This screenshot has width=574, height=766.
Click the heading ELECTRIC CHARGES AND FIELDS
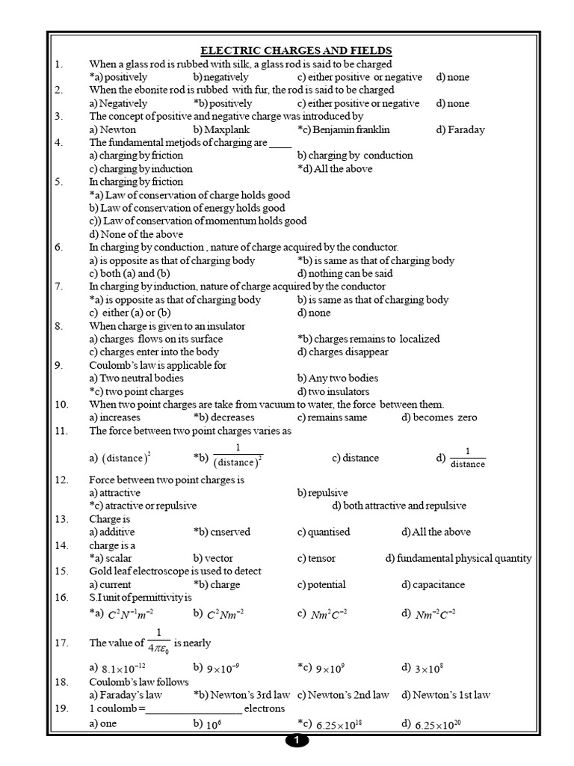[x=296, y=50]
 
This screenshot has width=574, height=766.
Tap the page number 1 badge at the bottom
[x=297, y=741]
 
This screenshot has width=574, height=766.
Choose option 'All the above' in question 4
[x=335, y=168]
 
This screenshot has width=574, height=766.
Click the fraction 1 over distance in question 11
[x=468, y=457]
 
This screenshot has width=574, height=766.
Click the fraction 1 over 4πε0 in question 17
[x=158, y=642]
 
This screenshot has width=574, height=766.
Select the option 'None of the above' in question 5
[x=135, y=234]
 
